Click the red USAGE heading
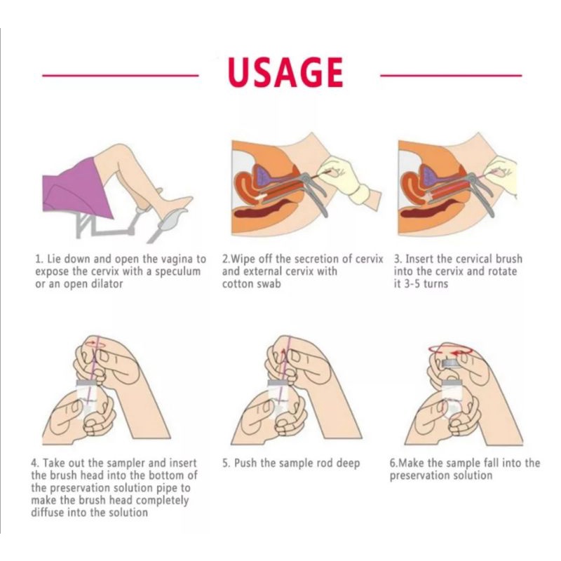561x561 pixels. [x=285, y=73]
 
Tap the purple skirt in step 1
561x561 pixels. [x=77, y=189]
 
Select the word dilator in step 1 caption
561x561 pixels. [x=107, y=284]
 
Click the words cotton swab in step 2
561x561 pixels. [x=251, y=284]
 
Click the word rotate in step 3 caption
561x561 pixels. [x=501, y=271]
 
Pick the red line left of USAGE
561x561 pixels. [x=120, y=76]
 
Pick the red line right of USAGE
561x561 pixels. [x=451, y=76]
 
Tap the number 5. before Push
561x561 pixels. [x=227, y=464]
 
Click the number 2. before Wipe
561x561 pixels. [x=227, y=259]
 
